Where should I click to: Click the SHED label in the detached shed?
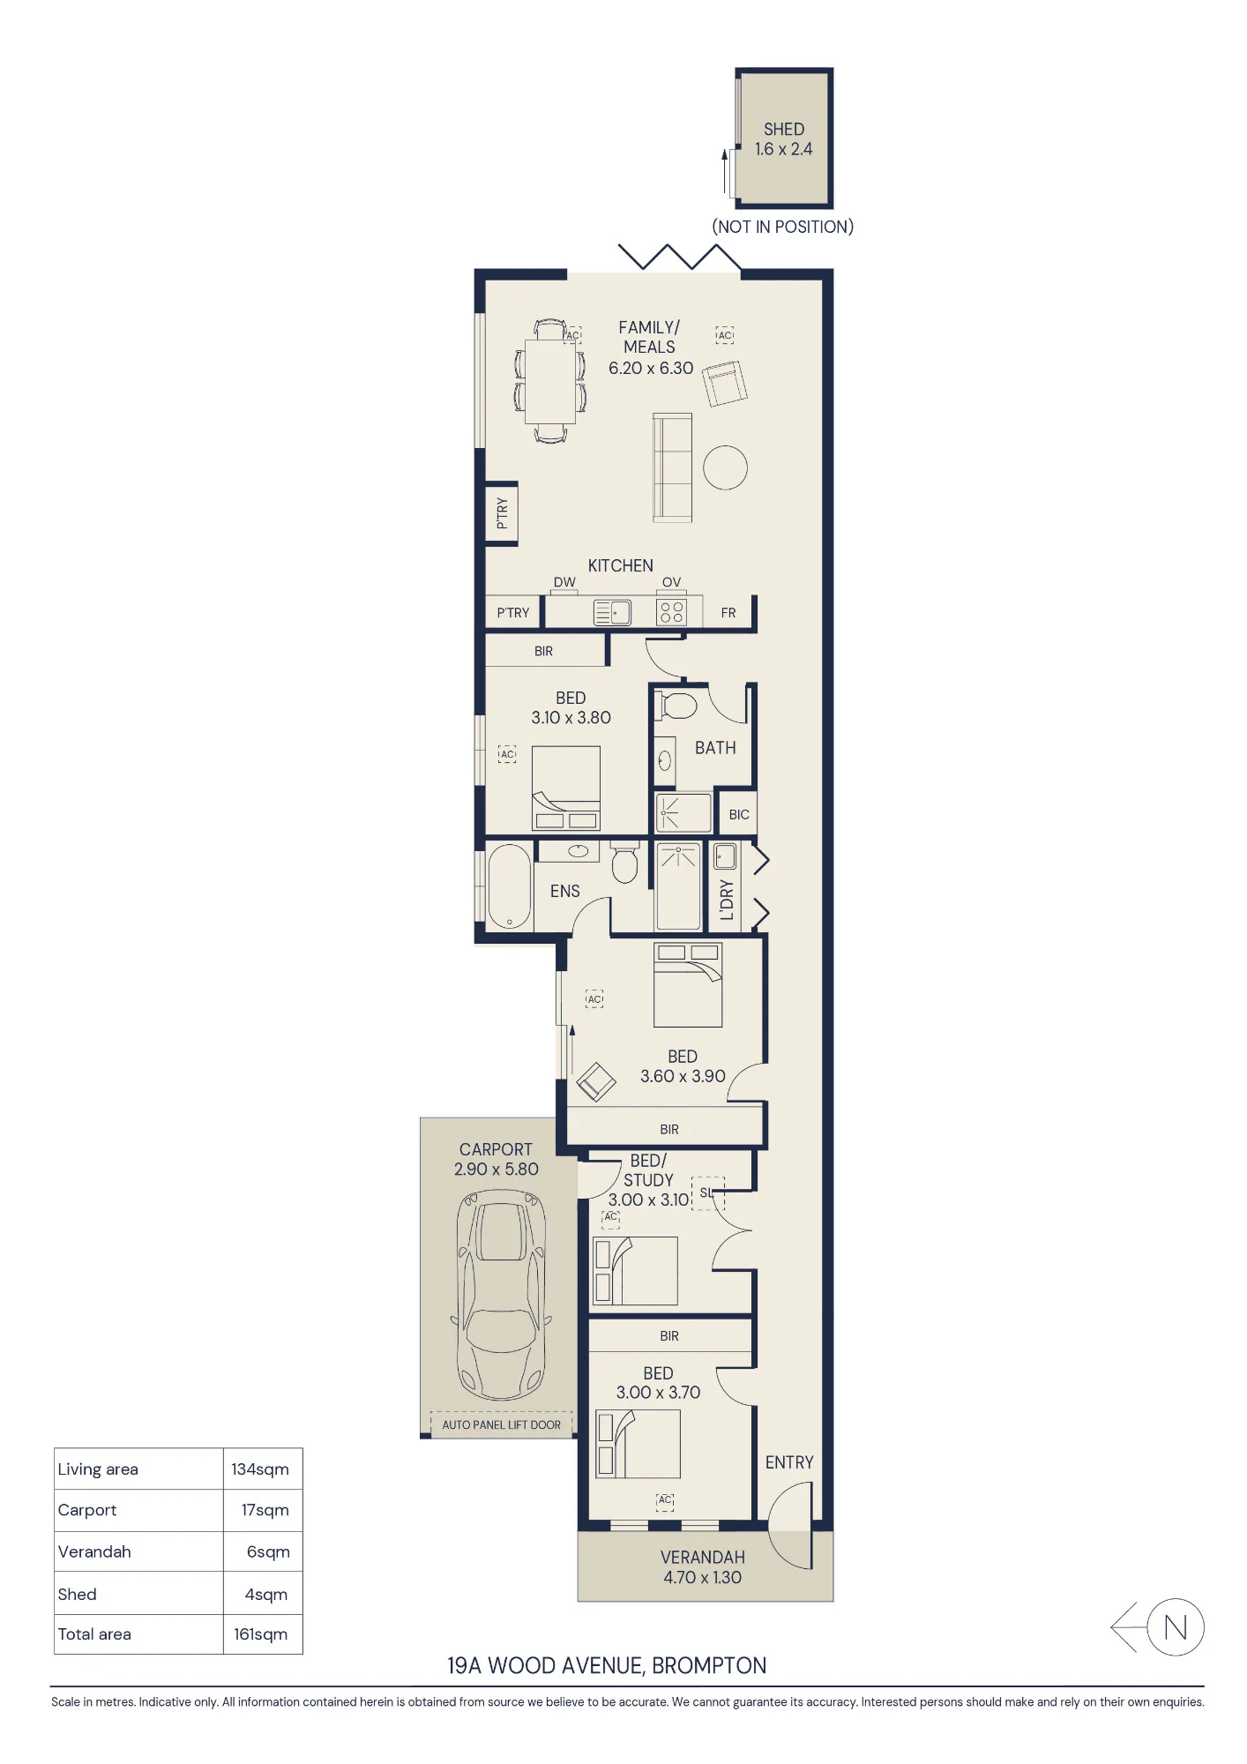click(x=784, y=129)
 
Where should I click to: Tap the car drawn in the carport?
click(x=501, y=1295)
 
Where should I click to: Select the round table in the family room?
click(x=725, y=467)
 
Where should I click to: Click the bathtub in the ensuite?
click(x=509, y=886)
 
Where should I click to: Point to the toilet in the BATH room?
click(x=677, y=706)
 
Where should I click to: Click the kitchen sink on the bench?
click(x=612, y=612)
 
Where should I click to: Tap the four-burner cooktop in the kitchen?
click(x=672, y=612)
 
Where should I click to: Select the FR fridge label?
click(x=728, y=613)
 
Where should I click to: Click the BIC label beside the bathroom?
click(x=739, y=815)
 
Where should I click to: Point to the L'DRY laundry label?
click(x=727, y=900)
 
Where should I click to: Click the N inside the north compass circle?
click(x=1176, y=1627)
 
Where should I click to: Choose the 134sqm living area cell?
click(x=260, y=1469)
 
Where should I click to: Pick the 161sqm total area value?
click(x=261, y=1634)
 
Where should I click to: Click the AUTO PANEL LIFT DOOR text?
click(x=501, y=1424)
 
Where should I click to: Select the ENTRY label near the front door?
click(x=789, y=1462)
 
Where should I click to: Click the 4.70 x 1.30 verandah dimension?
click(x=703, y=1578)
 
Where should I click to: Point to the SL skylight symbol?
click(x=706, y=1192)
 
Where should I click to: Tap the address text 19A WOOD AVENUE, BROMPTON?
click(x=607, y=1665)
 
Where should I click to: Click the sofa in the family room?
click(x=672, y=467)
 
